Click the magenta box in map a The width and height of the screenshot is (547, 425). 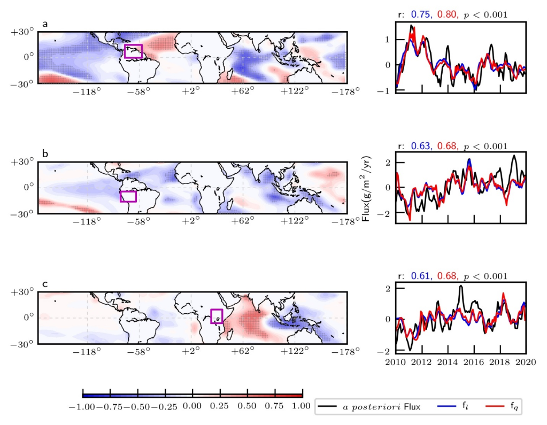pos(133,51)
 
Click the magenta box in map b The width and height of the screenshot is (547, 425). pos(128,196)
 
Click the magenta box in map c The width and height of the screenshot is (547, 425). pos(217,316)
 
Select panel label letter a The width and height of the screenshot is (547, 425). pos(45,24)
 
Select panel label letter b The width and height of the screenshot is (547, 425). pos(45,154)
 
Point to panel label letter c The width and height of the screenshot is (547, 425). pos(45,284)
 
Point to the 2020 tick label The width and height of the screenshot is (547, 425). pos(526,362)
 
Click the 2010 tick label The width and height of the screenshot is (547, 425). pos(396,362)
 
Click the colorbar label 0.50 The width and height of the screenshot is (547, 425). pos(247,406)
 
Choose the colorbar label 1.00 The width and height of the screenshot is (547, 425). pos(302,406)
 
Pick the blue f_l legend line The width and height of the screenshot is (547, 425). pos(448,407)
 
